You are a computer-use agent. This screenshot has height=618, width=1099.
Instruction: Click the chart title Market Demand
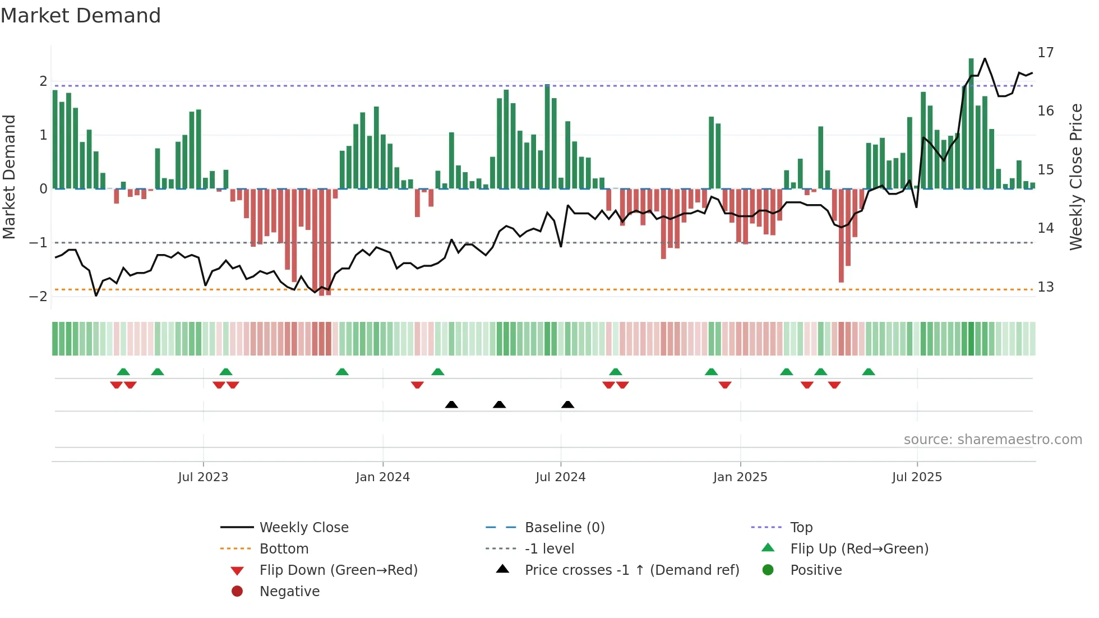pos(81,16)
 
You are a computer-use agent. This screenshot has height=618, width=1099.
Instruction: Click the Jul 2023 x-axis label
pos(203,477)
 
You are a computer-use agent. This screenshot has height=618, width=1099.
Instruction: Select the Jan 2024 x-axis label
pos(382,477)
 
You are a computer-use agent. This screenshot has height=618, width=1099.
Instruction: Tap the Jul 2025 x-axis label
pos(917,477)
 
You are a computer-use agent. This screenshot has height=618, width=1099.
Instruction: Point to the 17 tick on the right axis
pos(1045,53)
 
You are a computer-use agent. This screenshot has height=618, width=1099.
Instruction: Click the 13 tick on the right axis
pos(1045,287)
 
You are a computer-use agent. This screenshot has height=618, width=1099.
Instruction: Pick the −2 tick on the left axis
pos(38,297)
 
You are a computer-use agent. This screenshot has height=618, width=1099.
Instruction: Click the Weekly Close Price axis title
pos(1075,177)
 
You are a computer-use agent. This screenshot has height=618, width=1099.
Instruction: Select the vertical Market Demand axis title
pos(10,177)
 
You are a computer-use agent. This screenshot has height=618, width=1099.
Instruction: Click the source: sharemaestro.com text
pos(992,440)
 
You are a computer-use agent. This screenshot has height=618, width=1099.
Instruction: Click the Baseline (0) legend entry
pos(564,528)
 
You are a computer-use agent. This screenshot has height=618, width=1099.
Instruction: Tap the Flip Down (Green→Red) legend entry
pos(338,570)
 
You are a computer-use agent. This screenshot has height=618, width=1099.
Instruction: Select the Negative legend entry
pos(289,592)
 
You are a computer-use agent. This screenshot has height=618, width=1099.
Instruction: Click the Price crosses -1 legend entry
pos(631,570)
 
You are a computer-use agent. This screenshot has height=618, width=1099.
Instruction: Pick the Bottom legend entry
pos(284,549)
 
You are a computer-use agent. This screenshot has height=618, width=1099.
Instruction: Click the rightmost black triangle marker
pos(567,404)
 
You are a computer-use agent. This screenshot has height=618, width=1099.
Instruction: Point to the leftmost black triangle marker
pos(451,404)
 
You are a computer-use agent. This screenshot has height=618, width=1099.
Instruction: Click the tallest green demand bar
pos(971,123)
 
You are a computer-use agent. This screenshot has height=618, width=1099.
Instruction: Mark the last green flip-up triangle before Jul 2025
pos(869,372)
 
